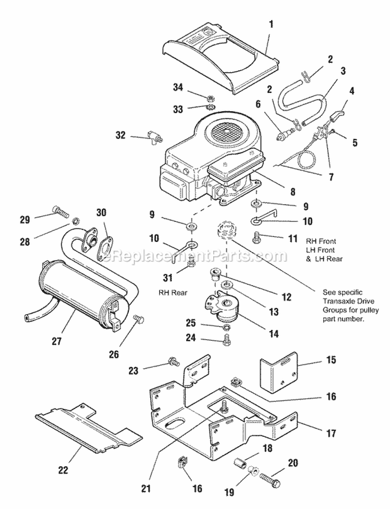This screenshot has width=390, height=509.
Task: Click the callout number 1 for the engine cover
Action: pos(270,23)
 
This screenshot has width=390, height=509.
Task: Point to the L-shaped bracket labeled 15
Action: pos(278,372)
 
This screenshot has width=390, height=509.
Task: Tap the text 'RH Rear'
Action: pos(173,292)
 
